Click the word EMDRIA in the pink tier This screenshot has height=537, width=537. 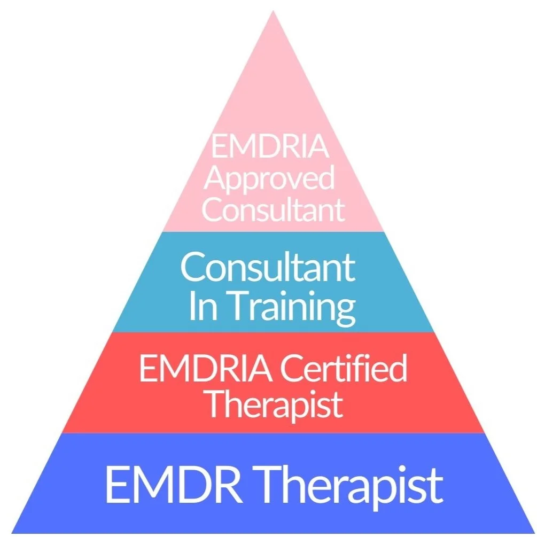pos(270,145)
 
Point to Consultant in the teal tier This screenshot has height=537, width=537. pos(268,267)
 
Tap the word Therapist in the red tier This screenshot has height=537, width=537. pos(274,404)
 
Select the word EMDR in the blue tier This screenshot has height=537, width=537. pos(177,484)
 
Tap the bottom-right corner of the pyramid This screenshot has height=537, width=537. pos(533,532)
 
